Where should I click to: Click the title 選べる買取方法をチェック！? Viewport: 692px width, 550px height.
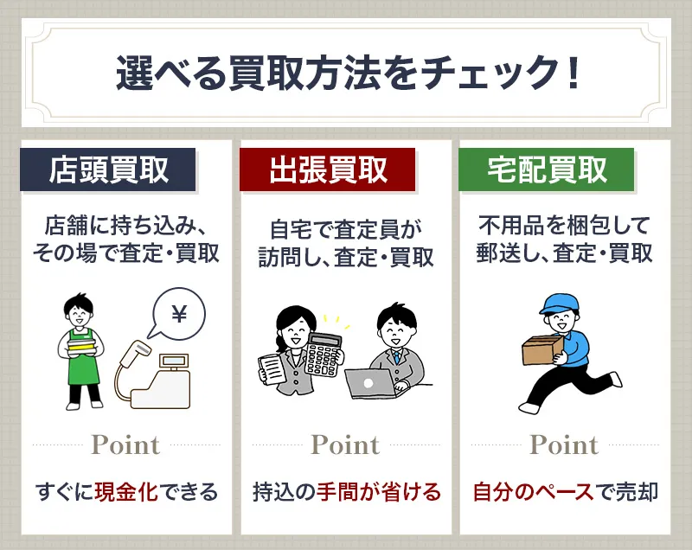(x=346, y=74)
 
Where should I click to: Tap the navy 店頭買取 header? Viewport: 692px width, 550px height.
(x=109, y=169)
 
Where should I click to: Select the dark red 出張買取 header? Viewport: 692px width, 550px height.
(x=328, y=169)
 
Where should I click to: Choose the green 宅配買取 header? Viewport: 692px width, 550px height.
(x=547, y=169)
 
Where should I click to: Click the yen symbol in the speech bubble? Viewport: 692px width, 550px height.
(x=179, y=317)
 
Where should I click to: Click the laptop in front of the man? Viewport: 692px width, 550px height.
(x=369, y=381)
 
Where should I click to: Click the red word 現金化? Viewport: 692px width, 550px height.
(x=125, y=493)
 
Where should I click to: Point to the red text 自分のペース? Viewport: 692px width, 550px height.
(x=534, y=493)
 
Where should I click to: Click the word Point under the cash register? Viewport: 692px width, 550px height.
(x=126, y=445)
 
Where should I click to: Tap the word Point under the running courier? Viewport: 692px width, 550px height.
(x=564, y=445)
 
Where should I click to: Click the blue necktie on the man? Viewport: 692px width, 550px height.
(x=395, y=356)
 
